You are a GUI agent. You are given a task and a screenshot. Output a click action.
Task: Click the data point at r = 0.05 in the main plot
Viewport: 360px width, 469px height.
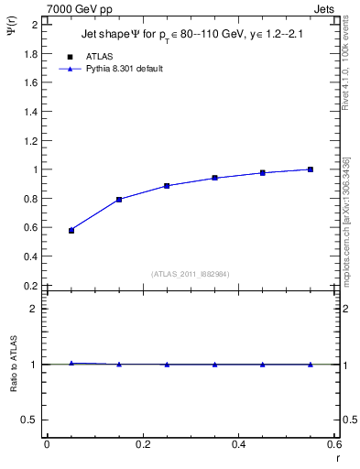(x=71, y=231)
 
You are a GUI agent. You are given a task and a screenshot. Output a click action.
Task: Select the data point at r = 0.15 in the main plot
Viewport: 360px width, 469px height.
(x=119, y=200)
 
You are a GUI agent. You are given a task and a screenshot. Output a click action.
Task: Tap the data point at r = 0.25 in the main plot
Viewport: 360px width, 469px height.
(x=167, y=186)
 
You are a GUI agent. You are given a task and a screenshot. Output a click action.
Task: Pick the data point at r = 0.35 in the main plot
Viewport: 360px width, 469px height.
(x=214, y=178)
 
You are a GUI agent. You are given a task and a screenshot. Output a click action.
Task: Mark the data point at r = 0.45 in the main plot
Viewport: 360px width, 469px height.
(x=263, y=172)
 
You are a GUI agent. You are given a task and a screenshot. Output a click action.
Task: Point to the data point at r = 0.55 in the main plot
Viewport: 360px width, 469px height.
(x=311, y=169)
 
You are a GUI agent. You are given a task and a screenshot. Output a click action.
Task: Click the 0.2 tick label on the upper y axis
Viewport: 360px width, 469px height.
(x=31, y=286)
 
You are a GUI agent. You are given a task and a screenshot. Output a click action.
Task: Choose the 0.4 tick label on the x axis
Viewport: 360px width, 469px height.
(x=237, y=444)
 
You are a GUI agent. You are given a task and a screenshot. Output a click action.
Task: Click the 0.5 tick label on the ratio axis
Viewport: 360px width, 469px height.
(x=31, y=420)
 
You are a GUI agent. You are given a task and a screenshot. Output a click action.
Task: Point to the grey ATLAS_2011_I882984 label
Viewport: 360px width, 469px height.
(x=191, y=273)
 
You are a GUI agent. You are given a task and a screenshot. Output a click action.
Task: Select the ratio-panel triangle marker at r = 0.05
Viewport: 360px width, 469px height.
(x=71, y=364)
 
